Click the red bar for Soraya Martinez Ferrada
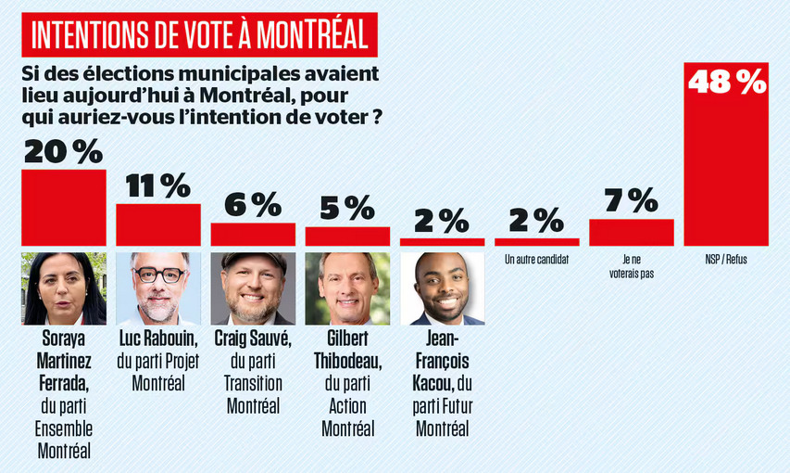63,208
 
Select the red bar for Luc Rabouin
158,224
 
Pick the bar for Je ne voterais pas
632,232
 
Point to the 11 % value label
157,185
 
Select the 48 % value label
727,81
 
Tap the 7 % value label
632,200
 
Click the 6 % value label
253,205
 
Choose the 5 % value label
347,209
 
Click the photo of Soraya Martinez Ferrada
63,288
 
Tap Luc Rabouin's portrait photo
158,288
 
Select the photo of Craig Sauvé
253,288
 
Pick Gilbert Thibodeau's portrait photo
347,288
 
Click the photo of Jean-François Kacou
442,288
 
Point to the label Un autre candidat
536,261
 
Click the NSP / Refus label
726,261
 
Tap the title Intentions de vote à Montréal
199,35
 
